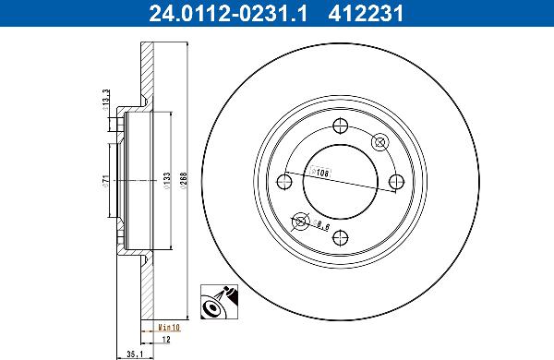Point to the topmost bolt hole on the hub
pos(340,127)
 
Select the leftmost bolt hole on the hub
pos(285,181)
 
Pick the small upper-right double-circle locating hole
pos(379,142)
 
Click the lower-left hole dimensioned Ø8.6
pos(300,220)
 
